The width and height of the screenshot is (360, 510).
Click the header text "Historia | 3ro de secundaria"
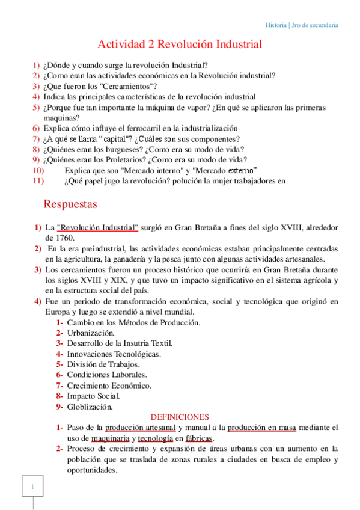point(301,25)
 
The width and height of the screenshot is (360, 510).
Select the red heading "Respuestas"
point(70,204)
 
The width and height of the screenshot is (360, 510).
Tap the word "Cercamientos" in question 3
point(123,86)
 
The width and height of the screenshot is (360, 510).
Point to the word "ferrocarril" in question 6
point(130,128)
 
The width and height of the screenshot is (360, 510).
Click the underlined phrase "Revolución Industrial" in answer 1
point(97,227)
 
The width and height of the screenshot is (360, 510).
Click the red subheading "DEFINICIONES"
point(179,417)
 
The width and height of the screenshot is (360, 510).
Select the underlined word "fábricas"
point(198,438)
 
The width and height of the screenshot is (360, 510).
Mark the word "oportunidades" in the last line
point(91,470)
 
